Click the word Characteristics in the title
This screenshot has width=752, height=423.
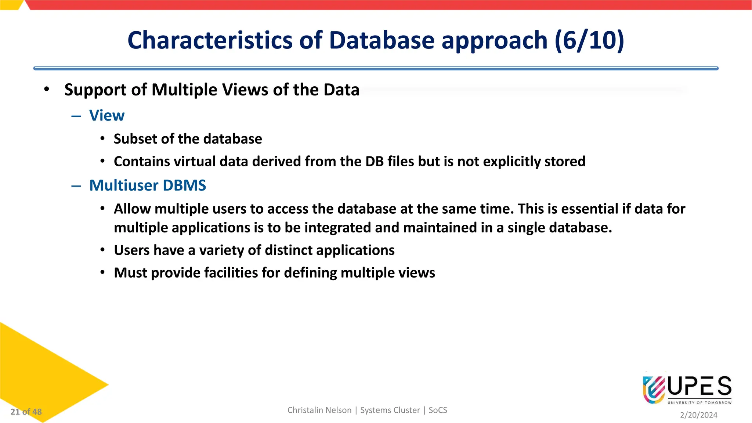click(210, 40)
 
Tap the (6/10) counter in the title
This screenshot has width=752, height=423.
click(589, 40)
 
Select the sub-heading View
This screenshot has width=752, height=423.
click(107, 116)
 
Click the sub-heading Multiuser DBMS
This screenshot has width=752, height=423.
click(148, 185)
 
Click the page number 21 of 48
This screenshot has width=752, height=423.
click(26, 412)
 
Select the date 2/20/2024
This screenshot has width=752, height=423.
click(698, 415)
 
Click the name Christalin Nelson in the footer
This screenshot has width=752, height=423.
click(319, 410)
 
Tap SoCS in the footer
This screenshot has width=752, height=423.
click(438, 410)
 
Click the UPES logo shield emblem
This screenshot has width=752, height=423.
click(654, 390)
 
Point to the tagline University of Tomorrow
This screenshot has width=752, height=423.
click(699, 403)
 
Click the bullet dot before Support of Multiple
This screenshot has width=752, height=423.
click(46, 89)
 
